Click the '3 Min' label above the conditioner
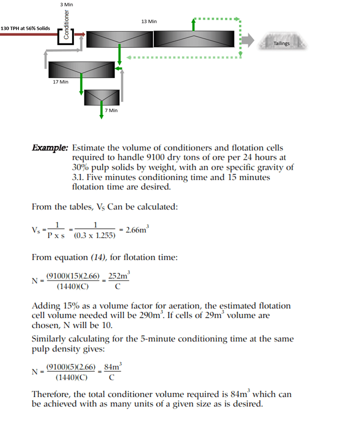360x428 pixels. [66, 4]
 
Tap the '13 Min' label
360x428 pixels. [149, 21]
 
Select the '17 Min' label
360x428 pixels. [60, 81]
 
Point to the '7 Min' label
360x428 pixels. [110, 110]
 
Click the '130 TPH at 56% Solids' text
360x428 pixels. [25, 28]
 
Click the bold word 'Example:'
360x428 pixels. [50, 148]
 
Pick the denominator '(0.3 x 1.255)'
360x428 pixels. [94, 235]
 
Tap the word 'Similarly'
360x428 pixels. [49, 339]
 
